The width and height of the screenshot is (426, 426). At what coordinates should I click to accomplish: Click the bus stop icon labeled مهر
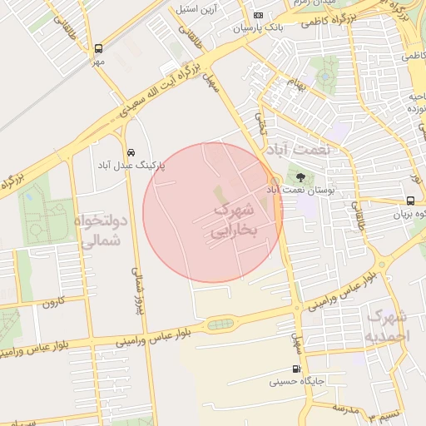point(99,49)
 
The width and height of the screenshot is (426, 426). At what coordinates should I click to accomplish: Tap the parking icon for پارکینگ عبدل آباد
point(131,152)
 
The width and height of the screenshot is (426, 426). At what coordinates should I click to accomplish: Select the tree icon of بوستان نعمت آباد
point(300,176)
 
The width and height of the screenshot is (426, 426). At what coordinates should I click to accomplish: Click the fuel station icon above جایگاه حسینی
point(296,369)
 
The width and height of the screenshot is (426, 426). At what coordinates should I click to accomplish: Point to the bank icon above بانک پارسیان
point(259,15)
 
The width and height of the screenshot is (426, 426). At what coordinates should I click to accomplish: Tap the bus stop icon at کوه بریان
point(410,201)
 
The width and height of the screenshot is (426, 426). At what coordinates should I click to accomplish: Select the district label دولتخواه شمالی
point(101,231)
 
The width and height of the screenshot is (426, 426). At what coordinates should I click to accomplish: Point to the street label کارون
point(53,301)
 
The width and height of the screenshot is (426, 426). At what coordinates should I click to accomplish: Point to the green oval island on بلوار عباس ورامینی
point(220,324)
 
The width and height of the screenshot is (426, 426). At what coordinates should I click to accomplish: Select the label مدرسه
point(344,408)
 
